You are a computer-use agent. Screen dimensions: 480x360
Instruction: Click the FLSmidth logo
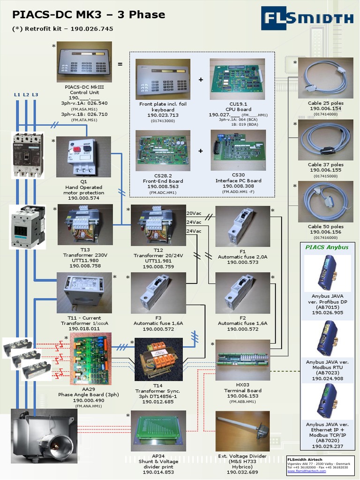point(307,18)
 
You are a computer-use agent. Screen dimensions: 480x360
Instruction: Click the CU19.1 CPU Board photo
point(237,79)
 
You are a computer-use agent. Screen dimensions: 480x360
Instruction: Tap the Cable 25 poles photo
point(325,78)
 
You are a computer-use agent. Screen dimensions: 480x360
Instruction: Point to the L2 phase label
point(26,95)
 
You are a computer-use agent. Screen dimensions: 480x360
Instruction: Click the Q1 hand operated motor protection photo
point(83,157)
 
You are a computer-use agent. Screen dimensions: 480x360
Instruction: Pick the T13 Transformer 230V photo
point(85,224)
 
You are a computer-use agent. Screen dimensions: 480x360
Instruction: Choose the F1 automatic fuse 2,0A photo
point(242,226)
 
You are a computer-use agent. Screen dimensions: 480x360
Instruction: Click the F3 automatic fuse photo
point(158,293)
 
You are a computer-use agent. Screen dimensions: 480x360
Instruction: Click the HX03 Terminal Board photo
point(242,360)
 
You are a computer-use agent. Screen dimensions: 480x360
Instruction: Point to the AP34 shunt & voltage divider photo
point(158,431)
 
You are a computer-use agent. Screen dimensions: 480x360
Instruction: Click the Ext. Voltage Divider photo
point(242,431)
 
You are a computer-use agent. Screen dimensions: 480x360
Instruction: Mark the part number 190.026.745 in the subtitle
point(92,29)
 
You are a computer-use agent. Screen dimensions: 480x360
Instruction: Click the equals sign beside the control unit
point(120,64)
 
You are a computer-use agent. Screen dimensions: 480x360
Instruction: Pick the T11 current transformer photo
point(84,292)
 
